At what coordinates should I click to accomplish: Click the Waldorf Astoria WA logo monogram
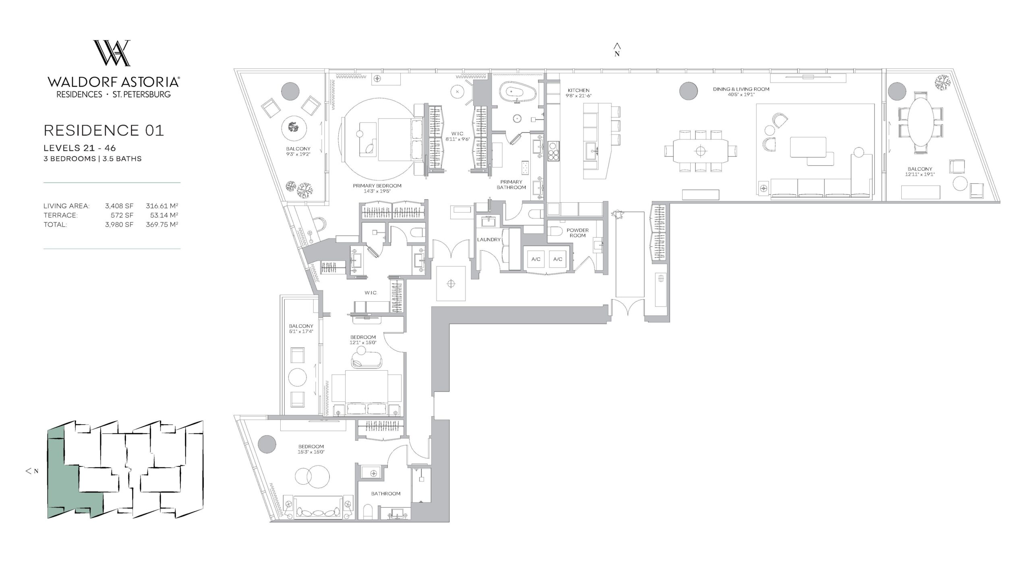coord(112,53)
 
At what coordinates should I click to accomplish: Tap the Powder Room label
coord(578,233)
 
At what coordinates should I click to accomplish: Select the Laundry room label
coord(489,240)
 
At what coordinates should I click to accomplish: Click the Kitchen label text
coord(579,91)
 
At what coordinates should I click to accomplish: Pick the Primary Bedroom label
coord(377,186)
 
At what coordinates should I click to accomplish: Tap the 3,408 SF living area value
coord(119,206)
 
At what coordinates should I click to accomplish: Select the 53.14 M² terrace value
coord(162,215)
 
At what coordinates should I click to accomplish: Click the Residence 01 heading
coord(104,131)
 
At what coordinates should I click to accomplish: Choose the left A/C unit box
coord(536,259)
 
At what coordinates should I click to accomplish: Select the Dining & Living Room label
coord(741,89)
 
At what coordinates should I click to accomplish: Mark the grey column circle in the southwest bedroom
coord(267,445)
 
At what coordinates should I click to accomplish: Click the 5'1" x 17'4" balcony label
coord(301,331)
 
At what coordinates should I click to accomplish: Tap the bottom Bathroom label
coord(386,493)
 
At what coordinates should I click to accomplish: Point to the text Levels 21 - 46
coord(80,149)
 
